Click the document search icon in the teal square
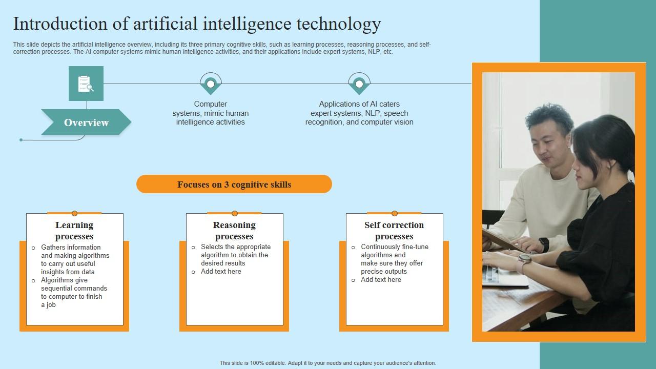pyautogui.click(x=86, y=84)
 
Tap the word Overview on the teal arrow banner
pyautogui.click(x=87, y=122)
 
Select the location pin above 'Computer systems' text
pyautogui.click(x=211, y=84)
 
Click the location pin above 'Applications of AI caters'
pyautogui.click(x=359, y=84)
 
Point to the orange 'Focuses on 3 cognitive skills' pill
pyautogui.click(x=234, y=184)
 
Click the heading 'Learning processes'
pyautogui.click(x=74, y=231)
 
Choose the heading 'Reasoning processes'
pyautogui.click(x=234, y=231)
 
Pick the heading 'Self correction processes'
pyautogui.click(x=394, y=231)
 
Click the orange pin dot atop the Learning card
pyautogui.click(x=74, y=213)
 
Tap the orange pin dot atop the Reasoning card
pyautogui.click(x=235, y=213)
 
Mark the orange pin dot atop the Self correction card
pyautogui.click(x=395, y=213)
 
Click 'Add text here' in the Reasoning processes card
pyautogui.click(x=221, y=272)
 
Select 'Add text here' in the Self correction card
pyautogui.click(x=381, y=280)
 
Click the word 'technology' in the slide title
pyautogui.click(x=339, y=24)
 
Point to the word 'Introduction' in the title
pyautogui.click(x=60, y=24)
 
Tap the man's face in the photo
pyautogui.click(x=547, y=147)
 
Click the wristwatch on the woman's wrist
pyautogui.click(x=524, y=259)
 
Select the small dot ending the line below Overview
pyautogui.click(x=21, y=140)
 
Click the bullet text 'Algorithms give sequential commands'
pyautogui.click(x=74, y=284)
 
